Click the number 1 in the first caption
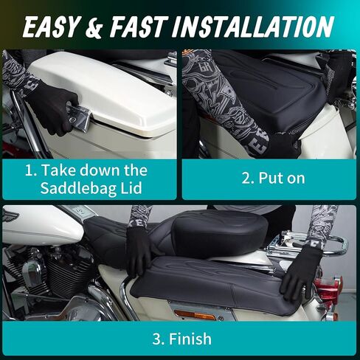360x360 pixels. [x=30, y=170]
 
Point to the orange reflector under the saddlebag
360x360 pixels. [x=195, y=314]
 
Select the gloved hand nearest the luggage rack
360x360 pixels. [x=302, y=270]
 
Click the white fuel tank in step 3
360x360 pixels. [x=37, y=231]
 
